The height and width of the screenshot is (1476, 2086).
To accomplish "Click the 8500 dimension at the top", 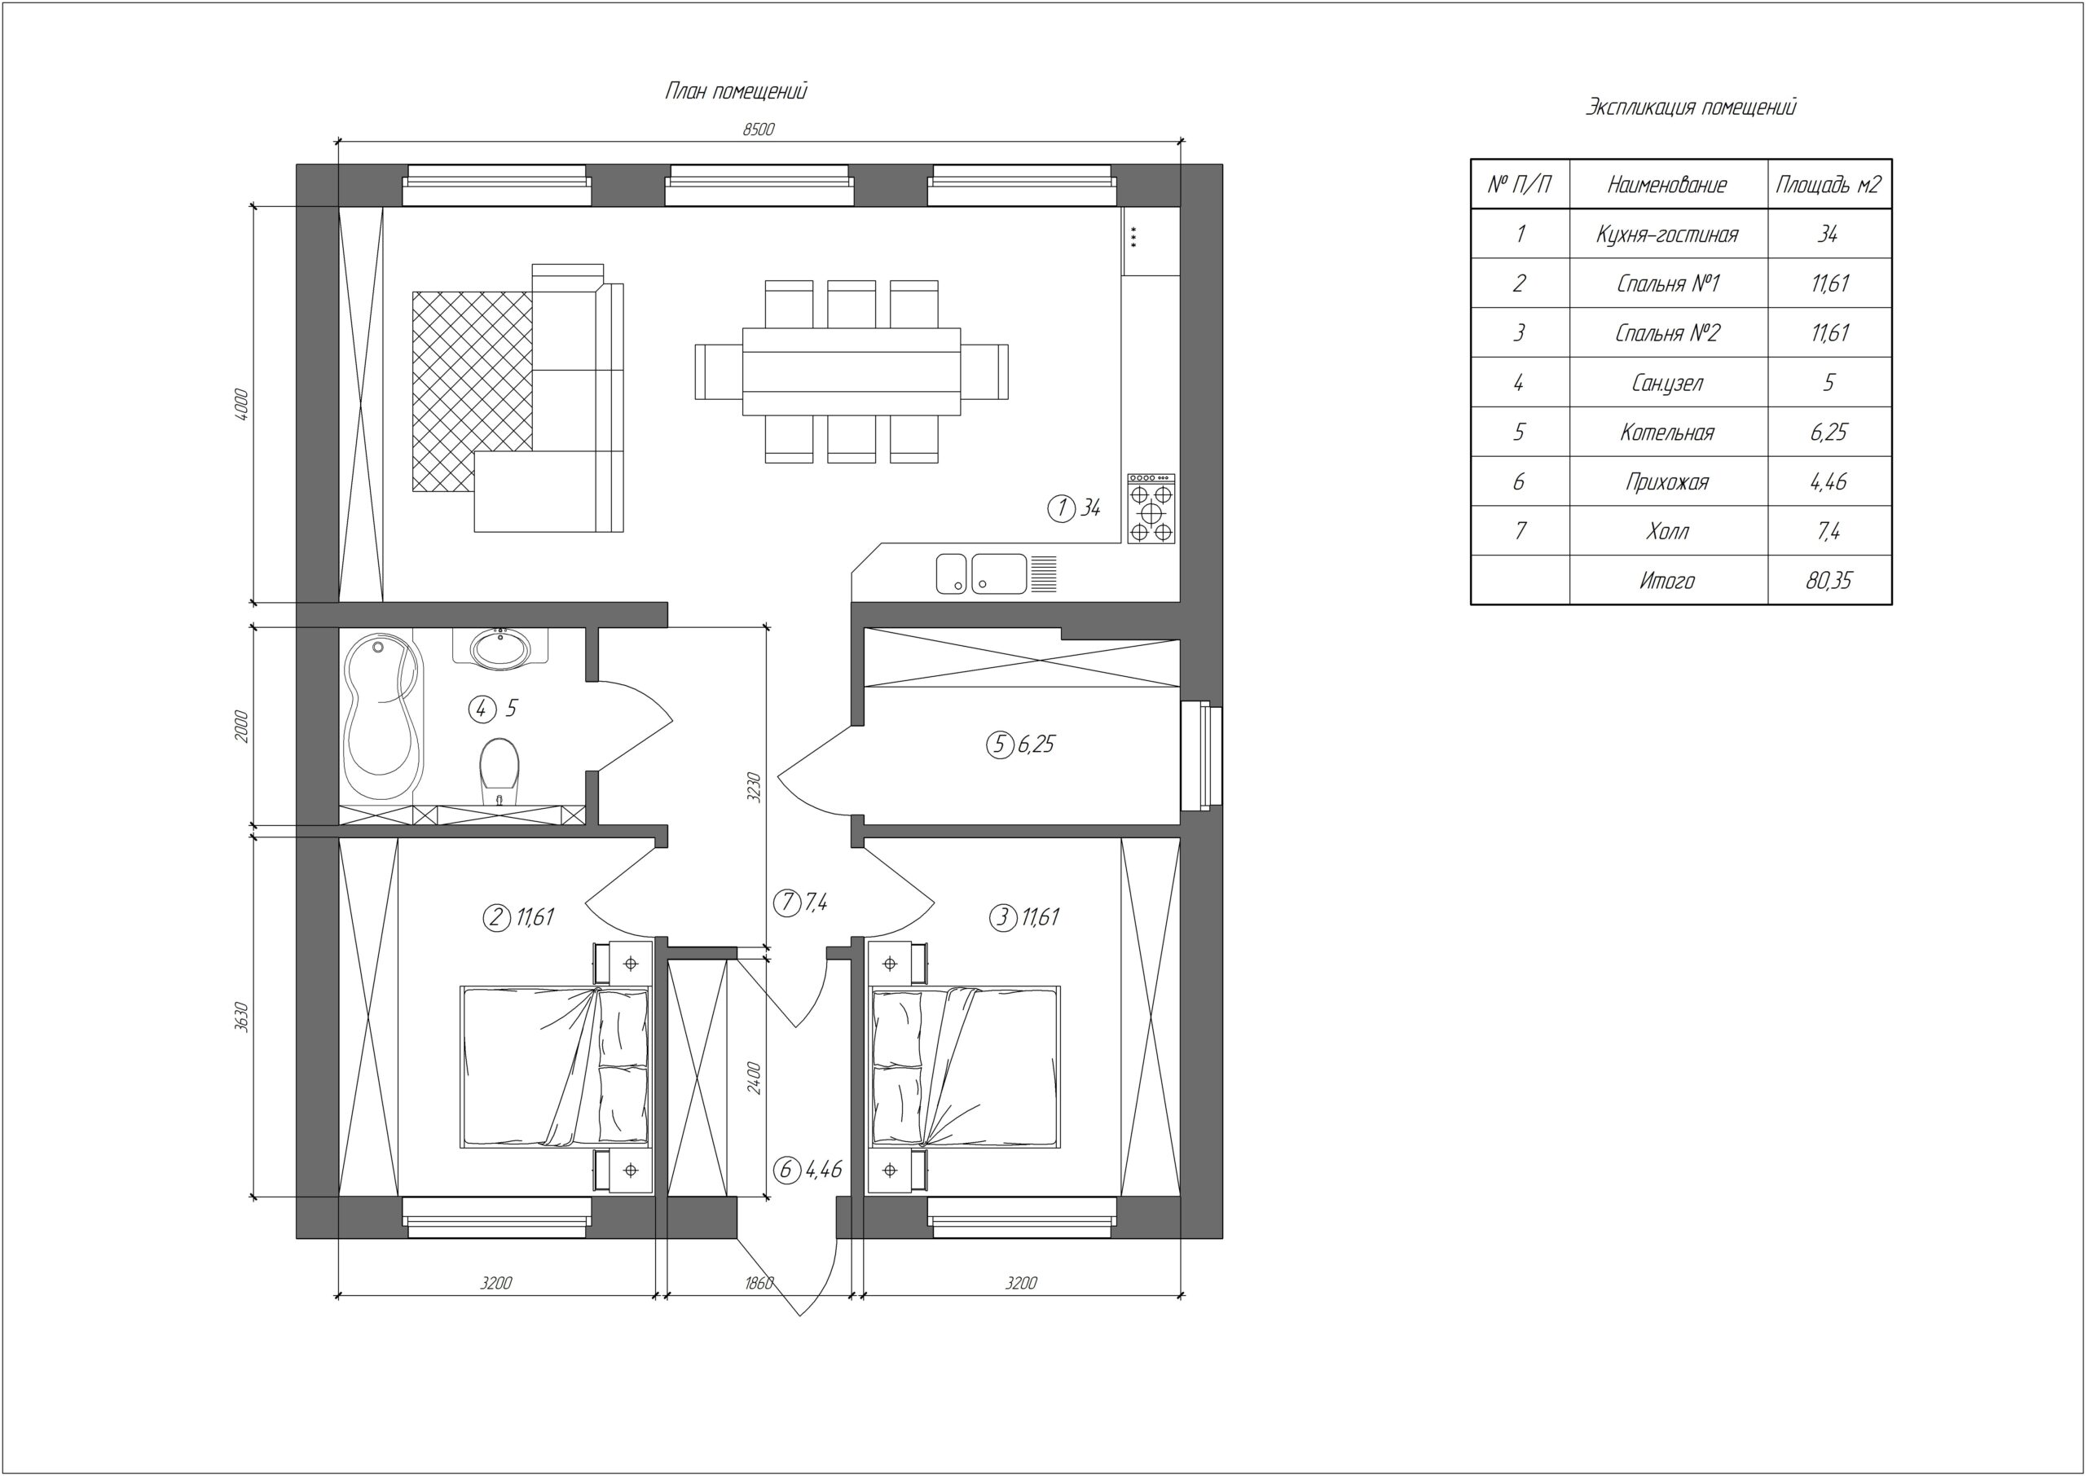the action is click(758, 129).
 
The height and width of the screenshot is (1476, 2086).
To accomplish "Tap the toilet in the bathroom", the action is click(498, 771).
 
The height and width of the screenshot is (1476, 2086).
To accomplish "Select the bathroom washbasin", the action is click(500, 648).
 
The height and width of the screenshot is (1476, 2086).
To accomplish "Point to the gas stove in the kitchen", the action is click(1151, 509).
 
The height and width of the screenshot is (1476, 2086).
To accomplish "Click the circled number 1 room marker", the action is click(1061, 508).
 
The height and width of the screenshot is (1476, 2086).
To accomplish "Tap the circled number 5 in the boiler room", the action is click(1000, 745).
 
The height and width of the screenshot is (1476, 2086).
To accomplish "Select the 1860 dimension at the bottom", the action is click(759, 1283).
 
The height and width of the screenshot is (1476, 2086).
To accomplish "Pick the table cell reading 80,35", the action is click(1829, 580).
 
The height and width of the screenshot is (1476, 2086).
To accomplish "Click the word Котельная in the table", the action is click(1667, 432).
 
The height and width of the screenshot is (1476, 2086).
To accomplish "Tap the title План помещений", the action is click(737, 91).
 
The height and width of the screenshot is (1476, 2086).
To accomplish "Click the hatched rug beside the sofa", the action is click(472, 391).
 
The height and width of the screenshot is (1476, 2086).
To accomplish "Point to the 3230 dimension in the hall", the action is click(754, 787).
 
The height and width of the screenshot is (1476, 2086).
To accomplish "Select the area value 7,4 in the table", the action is click(1829, 531).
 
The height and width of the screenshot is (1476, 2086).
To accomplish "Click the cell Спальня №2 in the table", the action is click(1667, 332).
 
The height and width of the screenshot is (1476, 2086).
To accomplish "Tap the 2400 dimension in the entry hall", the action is click(754, 1077).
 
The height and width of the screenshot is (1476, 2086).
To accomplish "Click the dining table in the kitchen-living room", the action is click(852, 371).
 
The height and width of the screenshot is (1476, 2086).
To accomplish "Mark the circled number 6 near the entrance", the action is click(786, 1170).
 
